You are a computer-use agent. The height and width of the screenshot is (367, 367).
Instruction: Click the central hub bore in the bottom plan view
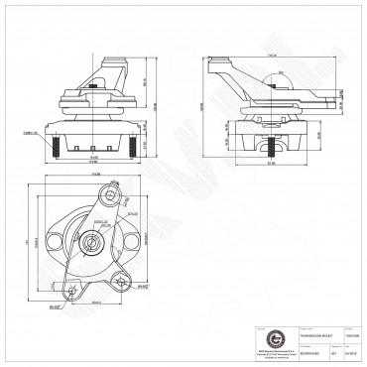click(x=91, y=242)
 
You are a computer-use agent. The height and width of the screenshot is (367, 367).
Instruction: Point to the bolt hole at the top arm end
click(x=117, y=193)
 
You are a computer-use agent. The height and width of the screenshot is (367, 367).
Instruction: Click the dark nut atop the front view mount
click(x=94, y=95)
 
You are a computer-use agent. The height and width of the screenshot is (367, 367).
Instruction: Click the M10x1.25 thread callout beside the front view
click(x=29, y=131)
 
